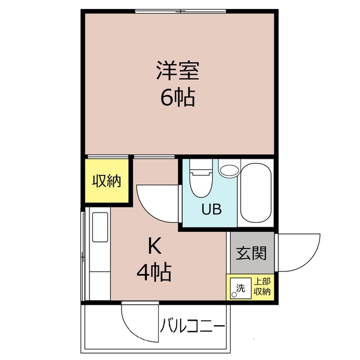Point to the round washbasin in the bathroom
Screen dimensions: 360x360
click(229, 170)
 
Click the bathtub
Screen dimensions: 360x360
click(256, 194)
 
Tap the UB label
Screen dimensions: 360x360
click(211, 210)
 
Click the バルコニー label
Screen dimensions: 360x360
click(192, 326)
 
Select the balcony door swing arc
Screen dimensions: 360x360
click(138, 323)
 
